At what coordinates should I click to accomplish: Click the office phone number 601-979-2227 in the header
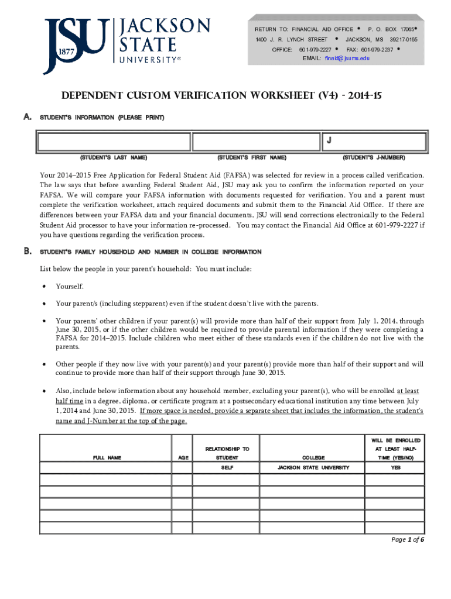click(315, 50)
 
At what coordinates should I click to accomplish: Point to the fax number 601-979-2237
click(377, 50)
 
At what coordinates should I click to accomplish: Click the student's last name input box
click(114, 142)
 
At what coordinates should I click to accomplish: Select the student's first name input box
click(257, 142)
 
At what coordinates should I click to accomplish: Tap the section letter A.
click(27, 118)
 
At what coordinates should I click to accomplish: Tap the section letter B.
click(27, 252)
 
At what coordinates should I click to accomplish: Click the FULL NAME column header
click(107, 457)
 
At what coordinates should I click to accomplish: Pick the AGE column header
click(182, 457)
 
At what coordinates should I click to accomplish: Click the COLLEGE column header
click(313, 457)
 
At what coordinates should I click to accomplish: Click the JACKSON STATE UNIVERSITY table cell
click(313, 467)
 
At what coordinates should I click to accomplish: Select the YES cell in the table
click(396, 467)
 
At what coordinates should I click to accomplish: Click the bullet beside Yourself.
click(44, 287)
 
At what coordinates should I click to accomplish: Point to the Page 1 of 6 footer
click(408, 539)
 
